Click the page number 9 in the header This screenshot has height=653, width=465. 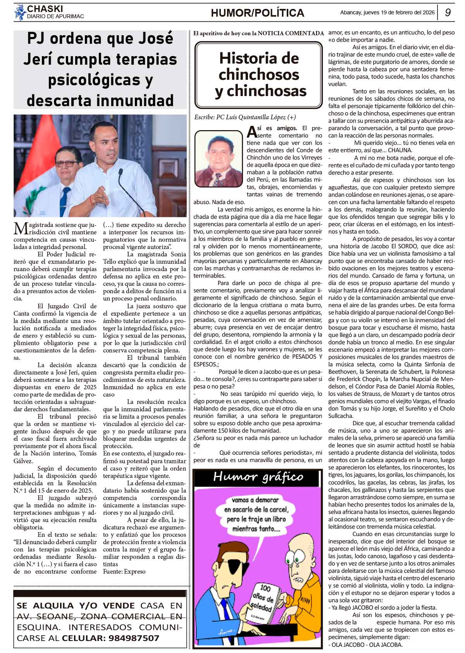[x=448, y=12]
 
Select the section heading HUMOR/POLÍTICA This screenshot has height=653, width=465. [x=257, y=13]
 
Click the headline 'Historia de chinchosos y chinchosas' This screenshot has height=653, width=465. [x=259, y=75]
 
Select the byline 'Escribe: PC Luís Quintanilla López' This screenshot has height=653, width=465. [x=245, y=117]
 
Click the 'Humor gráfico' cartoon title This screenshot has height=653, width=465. [x=258, y=476]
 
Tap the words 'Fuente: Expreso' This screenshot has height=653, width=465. [x=124, y=571]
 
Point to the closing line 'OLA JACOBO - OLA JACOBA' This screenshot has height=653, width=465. [x=365, y=645]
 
